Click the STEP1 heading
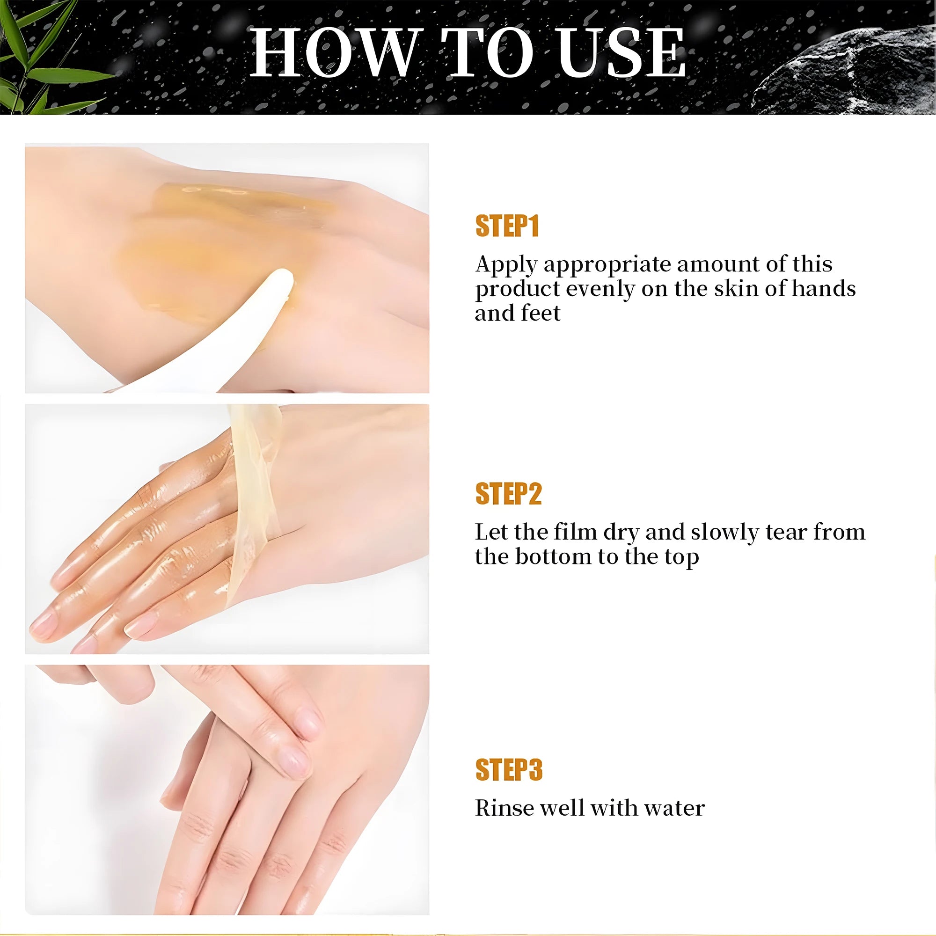pos(507,226)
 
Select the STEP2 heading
pos(508,494)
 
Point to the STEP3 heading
pos(509,770)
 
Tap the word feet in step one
pos(541,314)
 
